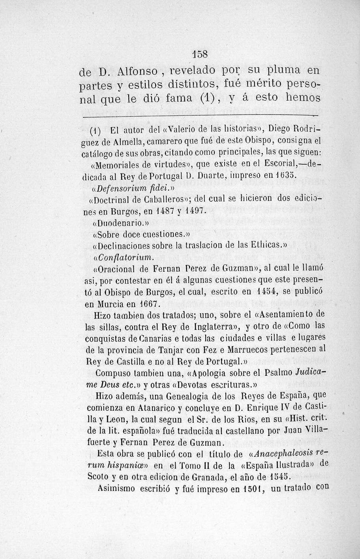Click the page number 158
pos(201,54)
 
